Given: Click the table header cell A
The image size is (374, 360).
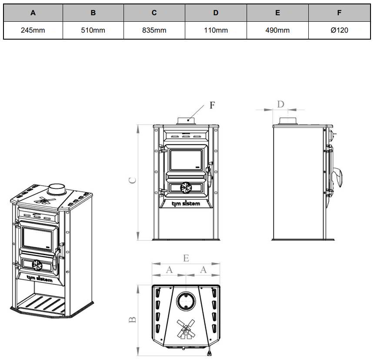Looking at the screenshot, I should click(x=33, y=13).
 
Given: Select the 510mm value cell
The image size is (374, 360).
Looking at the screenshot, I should click(x=93, y=30).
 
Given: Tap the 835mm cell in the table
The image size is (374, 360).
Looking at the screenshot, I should click(x=154, y=30).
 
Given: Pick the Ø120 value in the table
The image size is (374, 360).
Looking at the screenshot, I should click(x=339, y=30).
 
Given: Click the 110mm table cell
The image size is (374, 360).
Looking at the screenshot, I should click(x=216, y=30).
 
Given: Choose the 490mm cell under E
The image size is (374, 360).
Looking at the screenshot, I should click(x=277, y=30).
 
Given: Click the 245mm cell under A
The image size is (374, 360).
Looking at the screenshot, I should click(x=33, y=30).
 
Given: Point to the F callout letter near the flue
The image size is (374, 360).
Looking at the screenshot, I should click(x=212, y=105).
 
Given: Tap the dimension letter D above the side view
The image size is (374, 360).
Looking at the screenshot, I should click(x=281, y=104).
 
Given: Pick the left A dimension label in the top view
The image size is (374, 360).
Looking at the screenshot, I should click(x=169, y=270).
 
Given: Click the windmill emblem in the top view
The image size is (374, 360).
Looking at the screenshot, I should click(x=186, y=328).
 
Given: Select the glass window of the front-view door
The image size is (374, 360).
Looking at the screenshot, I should click(x=186, y=159).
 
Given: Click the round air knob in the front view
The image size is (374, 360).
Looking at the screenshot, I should click(x=186, y=188).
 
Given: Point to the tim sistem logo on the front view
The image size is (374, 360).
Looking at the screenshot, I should click(x=186, y=204).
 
